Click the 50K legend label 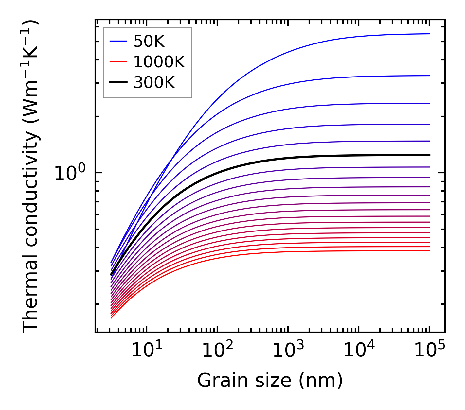(149, 42)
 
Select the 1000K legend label (159, 62)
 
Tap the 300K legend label (154, 83)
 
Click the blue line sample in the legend (118, 41)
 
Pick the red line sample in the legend (118, 61)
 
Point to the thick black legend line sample (118, 82)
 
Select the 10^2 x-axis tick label (217, 351)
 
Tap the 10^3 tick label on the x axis (288, 351)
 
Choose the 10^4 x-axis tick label (359, 351)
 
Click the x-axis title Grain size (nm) (270, 381)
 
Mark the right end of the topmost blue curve (429, 34)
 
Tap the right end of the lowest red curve (429, 251)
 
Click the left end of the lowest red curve (112, 318)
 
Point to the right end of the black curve (429, 155)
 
